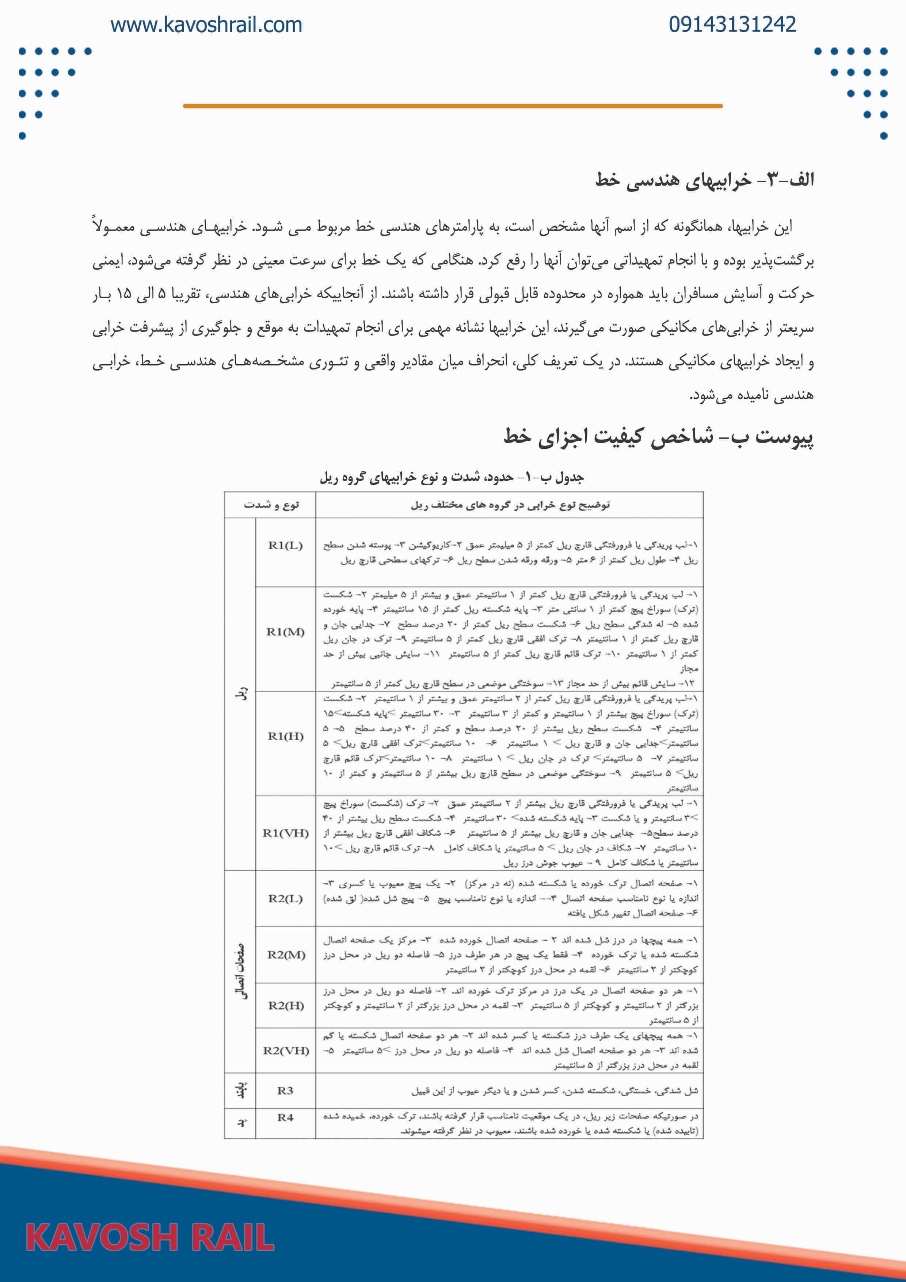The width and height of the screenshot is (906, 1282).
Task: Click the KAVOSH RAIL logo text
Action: [x=150, y=1237]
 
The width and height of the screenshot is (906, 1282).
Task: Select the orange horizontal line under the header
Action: [x=452, y=106]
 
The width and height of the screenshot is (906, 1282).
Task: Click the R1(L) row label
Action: [x=285, y=546]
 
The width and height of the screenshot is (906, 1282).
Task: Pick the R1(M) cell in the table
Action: [x=285, y=632]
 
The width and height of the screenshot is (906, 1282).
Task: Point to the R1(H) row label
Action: [x=285, y=736]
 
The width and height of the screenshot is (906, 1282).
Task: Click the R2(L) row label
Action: [x=285, y=898]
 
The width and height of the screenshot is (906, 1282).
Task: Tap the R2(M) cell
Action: [x=285, y=955]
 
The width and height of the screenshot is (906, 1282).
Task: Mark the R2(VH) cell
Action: [x=285, y=1051]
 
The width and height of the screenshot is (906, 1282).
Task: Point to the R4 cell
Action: [x=285, y=1117]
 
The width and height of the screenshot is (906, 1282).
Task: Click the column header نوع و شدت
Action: [x=271, y=505]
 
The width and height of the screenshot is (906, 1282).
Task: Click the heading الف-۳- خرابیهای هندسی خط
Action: [x=704, y=180]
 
